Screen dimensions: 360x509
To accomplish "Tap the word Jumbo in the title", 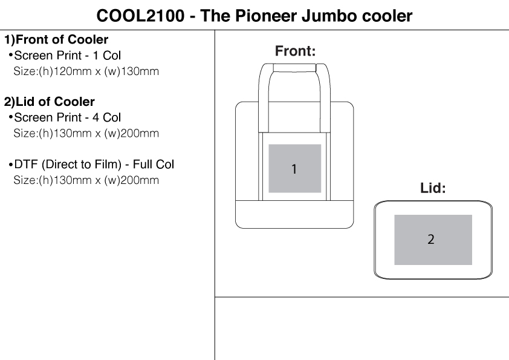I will pyautogui.click(x=326, y=15).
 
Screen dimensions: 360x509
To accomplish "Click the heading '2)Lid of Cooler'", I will pyautogui.click(x=50, y=102).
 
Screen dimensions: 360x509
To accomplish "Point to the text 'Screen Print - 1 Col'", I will pyautogui.click(x=67, y=56).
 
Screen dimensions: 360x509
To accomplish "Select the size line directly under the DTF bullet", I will pyautogui.click(x=86, y=180).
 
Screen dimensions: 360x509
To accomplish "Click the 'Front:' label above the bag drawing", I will pyautogui.click(x=295, y=51).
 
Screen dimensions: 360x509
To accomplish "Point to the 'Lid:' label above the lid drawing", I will pyautogui.click(x=433, y=188).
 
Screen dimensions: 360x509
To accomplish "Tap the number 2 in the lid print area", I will pyautogui.click(x=430, y=240).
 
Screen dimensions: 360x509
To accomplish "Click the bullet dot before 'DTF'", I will pyautogui.click(x=10, y=165).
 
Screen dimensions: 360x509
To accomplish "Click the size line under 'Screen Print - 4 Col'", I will pyautogui.click(x=86, y=133).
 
